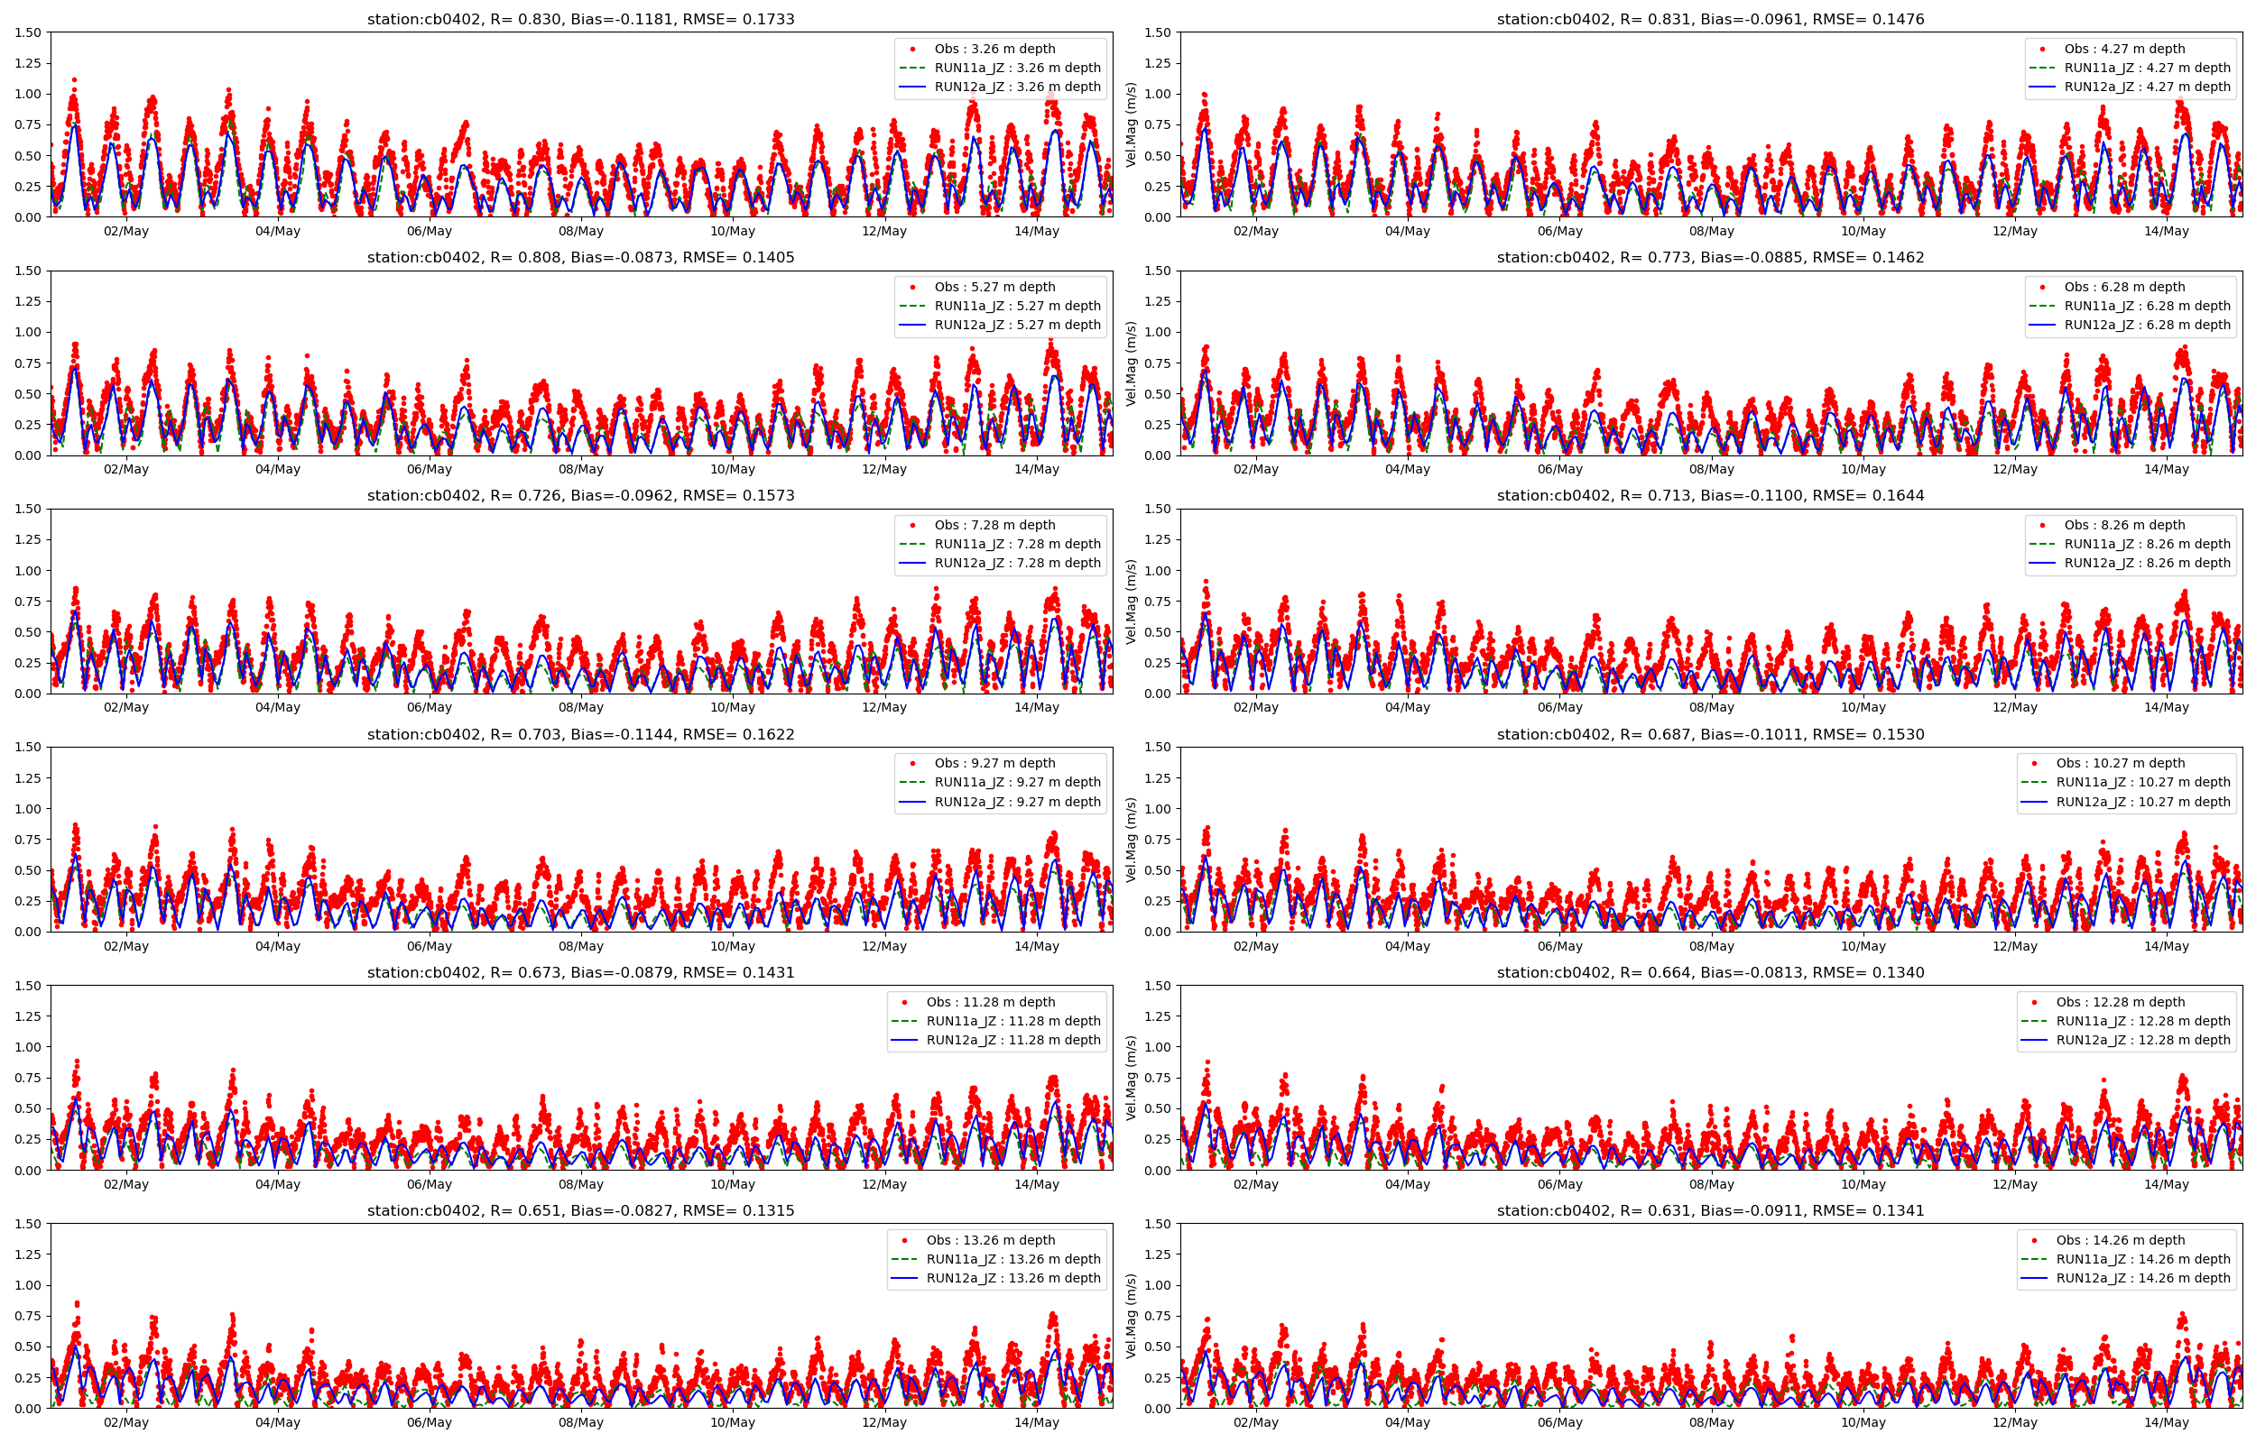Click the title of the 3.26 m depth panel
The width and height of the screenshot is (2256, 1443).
[x=580, y=19]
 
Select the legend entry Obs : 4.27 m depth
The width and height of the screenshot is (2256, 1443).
[x=2124, y=49]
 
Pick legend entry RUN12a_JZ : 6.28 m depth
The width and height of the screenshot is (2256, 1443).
[x=2148, y=326]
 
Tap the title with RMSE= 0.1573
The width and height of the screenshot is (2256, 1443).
[x=580, y=496]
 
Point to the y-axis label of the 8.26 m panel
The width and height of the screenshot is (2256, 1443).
[x=1132, y=602]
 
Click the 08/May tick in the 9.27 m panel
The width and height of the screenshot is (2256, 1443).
[x=580, y=946]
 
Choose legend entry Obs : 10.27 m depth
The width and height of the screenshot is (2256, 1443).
[x=2120, y=764]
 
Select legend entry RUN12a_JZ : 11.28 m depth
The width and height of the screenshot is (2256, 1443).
[x=1013, y=1040]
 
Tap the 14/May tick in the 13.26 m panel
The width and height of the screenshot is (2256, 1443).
[x=1036, y=1422]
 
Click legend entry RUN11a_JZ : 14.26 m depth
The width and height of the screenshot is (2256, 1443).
[x=2143, y=1259]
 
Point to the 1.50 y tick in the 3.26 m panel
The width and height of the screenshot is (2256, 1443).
[x=28, y=32]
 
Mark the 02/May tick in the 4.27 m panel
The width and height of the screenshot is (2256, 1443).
[x=1255, y=232]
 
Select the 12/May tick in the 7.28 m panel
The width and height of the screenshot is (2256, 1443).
[x=883, y=707]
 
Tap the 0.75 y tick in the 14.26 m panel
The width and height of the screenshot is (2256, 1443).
[x=1158, y=1317]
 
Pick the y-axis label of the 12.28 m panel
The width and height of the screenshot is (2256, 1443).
[x=1132, y=1078]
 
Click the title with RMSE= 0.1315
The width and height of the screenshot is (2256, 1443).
[x=580, y=1210]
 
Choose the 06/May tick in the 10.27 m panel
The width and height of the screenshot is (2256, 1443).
[x=1558, y=946]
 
